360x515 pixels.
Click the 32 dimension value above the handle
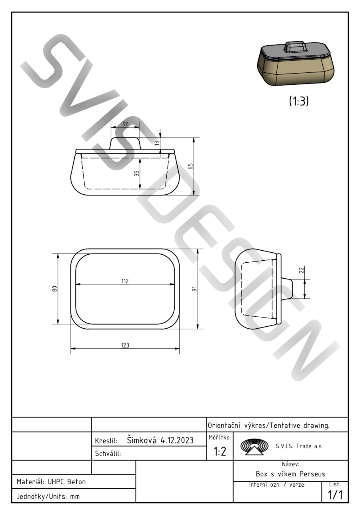click(x=125, y=124)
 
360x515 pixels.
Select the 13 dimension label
click(x=157, y=143)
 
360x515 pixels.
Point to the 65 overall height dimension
click(x=190, y=166)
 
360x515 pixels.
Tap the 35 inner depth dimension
click(x=137, y=174)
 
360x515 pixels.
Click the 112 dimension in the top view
click(x=125, y=281)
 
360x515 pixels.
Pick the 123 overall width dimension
click(x=125, y=345)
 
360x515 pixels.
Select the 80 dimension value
click(x=54, y=289)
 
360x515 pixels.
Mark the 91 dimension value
click(x=195, y=289)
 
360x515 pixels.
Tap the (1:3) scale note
click(x=299, y=101)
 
